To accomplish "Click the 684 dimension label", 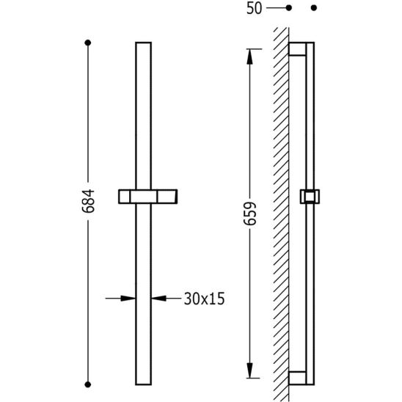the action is pyautogui.click(x=89, y=201).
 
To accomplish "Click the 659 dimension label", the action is pyautogui.click(x=249, y=213).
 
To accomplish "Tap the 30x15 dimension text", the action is pyautogui.click(x=205, y=299).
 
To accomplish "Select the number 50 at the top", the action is pyautogui.click(x=255, y=8).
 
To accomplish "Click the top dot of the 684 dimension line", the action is pyautogui.click(x=88, y=43).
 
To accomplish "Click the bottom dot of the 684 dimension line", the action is pyautogui.click(x=88, y=384).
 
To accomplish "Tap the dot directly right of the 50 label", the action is pyautogui.click(x=289, y=8).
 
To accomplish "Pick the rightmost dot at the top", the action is pyautogui.click(x=314, y=8).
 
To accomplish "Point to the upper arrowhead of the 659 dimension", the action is pyautogui.click(x=249, y=56).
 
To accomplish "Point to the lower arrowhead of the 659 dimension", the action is pyautogui.click(x=249, y=370).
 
